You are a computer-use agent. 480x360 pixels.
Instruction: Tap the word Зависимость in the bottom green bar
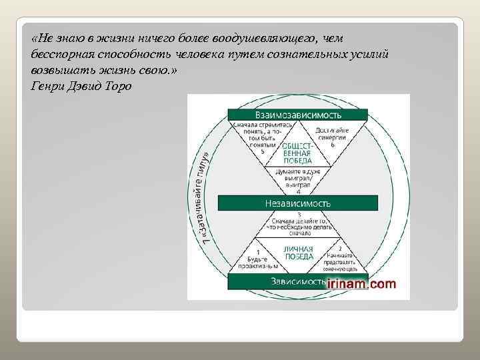[297, 281]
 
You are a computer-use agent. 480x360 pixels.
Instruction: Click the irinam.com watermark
[361, 284]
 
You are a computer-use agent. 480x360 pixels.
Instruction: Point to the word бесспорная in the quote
[59, 54]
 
